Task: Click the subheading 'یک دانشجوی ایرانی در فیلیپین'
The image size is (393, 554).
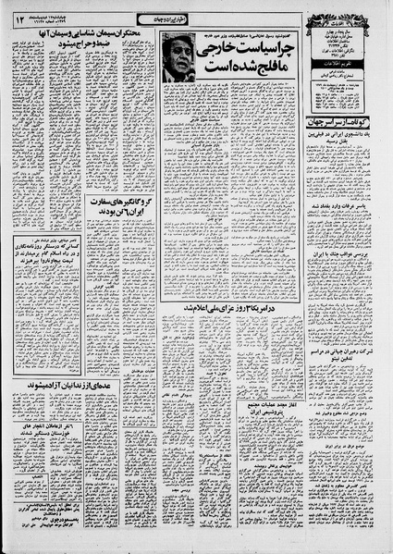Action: click(346, 137)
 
